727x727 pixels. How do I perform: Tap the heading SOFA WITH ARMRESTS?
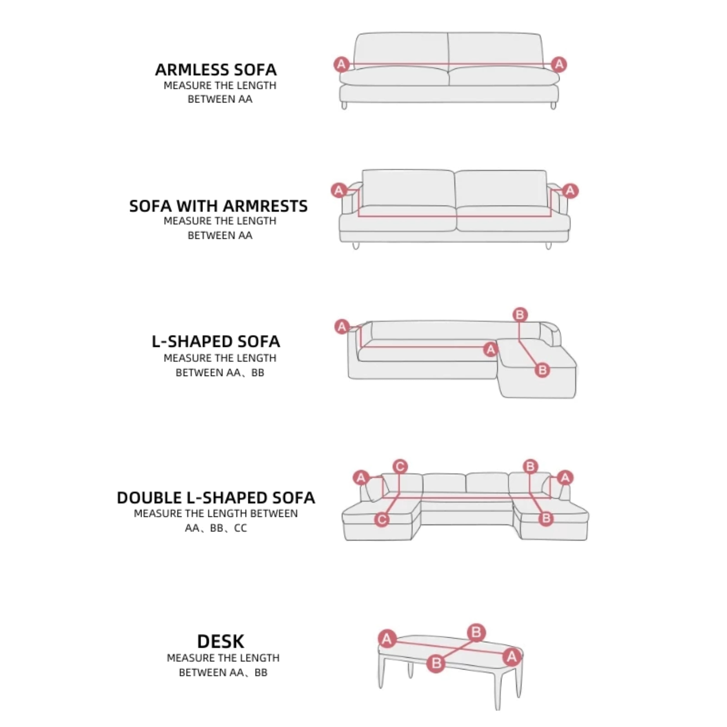218,206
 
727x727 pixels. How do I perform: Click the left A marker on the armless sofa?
341,64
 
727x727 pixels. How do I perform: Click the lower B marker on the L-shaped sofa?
542,370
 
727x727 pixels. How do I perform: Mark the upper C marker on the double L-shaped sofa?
400,467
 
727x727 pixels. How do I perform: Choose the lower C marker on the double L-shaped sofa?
382,520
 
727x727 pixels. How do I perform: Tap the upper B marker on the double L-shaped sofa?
530,467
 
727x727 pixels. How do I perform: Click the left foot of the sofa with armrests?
356,246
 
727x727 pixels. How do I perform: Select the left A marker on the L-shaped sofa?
342,326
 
